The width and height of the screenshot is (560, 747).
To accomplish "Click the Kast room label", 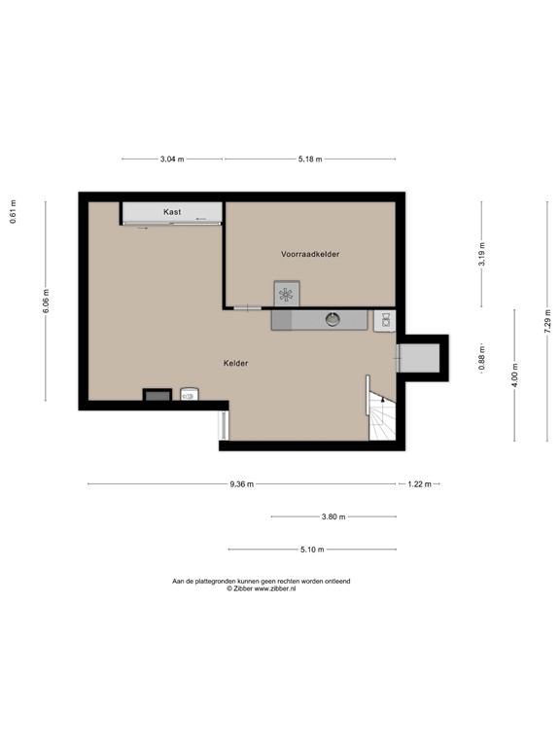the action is point(172,212).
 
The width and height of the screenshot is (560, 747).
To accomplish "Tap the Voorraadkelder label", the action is point(310,254).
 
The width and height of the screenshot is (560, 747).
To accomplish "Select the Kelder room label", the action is point(235,363).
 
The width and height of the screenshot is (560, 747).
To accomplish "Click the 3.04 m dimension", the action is point(172,160).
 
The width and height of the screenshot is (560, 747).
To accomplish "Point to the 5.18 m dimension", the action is point(310,160).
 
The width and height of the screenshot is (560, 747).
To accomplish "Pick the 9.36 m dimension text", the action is point(241,484).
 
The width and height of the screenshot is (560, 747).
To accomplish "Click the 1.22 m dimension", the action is point(420,484).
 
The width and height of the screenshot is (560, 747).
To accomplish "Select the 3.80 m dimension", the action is point(333,516).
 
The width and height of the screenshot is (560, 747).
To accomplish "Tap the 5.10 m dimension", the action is point(312,550).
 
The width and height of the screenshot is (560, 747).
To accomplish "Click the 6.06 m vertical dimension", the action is point(46,302).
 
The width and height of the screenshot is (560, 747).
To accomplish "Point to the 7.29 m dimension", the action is point(547,322).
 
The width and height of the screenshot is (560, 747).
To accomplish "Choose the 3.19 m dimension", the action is point(481,255).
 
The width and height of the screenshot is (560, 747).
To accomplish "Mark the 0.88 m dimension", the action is point(481,358).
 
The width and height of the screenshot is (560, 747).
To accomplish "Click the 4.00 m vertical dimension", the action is point(514,375).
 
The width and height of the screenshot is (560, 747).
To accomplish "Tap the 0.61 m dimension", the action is point(13,211).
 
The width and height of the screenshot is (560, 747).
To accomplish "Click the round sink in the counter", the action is point(332,319).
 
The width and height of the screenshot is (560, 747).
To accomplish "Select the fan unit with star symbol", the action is point(287,294).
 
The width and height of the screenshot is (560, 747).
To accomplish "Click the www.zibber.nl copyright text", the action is point(261,588).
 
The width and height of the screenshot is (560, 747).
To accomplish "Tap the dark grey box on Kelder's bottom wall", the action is point(157,395).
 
